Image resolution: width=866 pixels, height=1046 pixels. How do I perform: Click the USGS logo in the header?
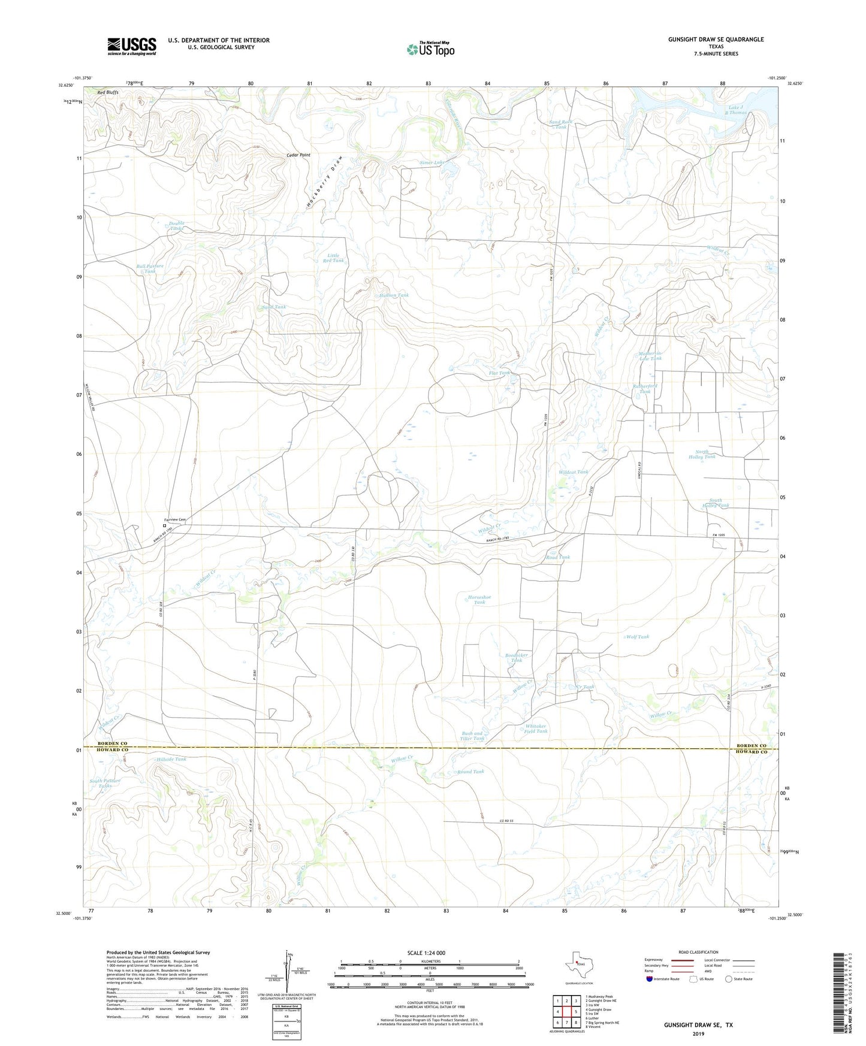pyautogui.click(x=132, y=46)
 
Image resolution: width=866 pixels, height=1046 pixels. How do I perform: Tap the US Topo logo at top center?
pyautogui.click(x=430, y=49)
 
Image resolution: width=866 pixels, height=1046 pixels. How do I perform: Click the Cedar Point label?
pyautogui.click(x=298, y=155)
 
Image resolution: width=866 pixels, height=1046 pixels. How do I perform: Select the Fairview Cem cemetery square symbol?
pyautogui.click(x=165, y=525)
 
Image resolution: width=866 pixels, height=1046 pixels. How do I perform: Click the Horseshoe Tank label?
pyautogui.click(x=479, y=599)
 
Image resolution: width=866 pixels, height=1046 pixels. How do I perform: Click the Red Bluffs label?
pyautogui.click(x=108, y=93)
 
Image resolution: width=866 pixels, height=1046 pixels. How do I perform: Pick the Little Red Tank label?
pyautogui.click(x=333, y=258)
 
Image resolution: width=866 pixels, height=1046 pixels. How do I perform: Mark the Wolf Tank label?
pyautogui.click(x=638, y=637)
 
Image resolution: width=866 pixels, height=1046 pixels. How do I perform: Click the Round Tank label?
pyautogui.click(x=470, y=772)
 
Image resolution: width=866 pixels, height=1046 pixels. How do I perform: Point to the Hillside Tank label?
pyautogui.click(x=171, y=759)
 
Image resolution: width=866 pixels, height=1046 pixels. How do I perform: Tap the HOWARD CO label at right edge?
pyautogui.click(x=752, y=751)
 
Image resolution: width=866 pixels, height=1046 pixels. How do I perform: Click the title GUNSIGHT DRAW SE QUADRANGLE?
pyautogui.click(x=716, y=40)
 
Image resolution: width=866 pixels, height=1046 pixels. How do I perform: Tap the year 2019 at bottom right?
pyautogui.click(x=698, y=1033)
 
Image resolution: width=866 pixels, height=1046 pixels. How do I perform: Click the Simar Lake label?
pyautogui.click(x=432, y=163)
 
